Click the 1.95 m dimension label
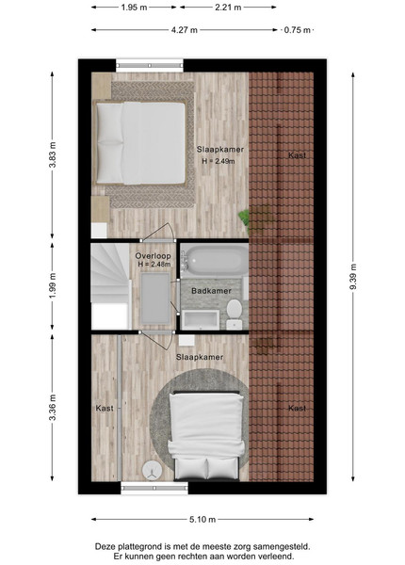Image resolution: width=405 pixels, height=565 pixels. click(x=134, y=8)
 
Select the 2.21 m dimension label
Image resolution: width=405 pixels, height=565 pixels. click(x=228, y=8)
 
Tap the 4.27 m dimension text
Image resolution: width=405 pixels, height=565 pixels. click(x=184, y=30)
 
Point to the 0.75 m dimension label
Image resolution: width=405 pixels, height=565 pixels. click(x=298, y=30)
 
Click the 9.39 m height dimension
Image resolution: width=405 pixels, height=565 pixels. click(x=353, y=276)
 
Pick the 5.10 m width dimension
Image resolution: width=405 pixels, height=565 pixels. click(x=202, y=519)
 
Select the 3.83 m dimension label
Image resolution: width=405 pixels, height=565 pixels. click(x=53, y=154)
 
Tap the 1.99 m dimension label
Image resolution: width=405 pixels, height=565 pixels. click(x=53, y=285)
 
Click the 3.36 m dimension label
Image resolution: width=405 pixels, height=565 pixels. click(x=53, y=408)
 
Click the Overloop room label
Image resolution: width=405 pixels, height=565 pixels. click(x=154, y=256)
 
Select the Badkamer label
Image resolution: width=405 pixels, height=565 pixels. click(x=211, y=291)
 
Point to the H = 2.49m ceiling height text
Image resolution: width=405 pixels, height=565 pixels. click(x=219, y=161)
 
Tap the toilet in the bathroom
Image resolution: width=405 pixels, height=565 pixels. click(x=235, y=315)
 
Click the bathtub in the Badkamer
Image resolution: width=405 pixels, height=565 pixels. click(x=215, y=260)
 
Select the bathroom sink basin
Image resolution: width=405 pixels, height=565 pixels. click(x=201, y=319)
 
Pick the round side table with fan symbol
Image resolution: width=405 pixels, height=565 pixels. click(x=152, y=470)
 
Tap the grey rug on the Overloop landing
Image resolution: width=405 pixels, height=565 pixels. click(x=155, y=298)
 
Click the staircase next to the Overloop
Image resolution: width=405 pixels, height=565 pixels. click(x=110, y=285)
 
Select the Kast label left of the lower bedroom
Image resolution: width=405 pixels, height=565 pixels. click(x=105, y=409)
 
